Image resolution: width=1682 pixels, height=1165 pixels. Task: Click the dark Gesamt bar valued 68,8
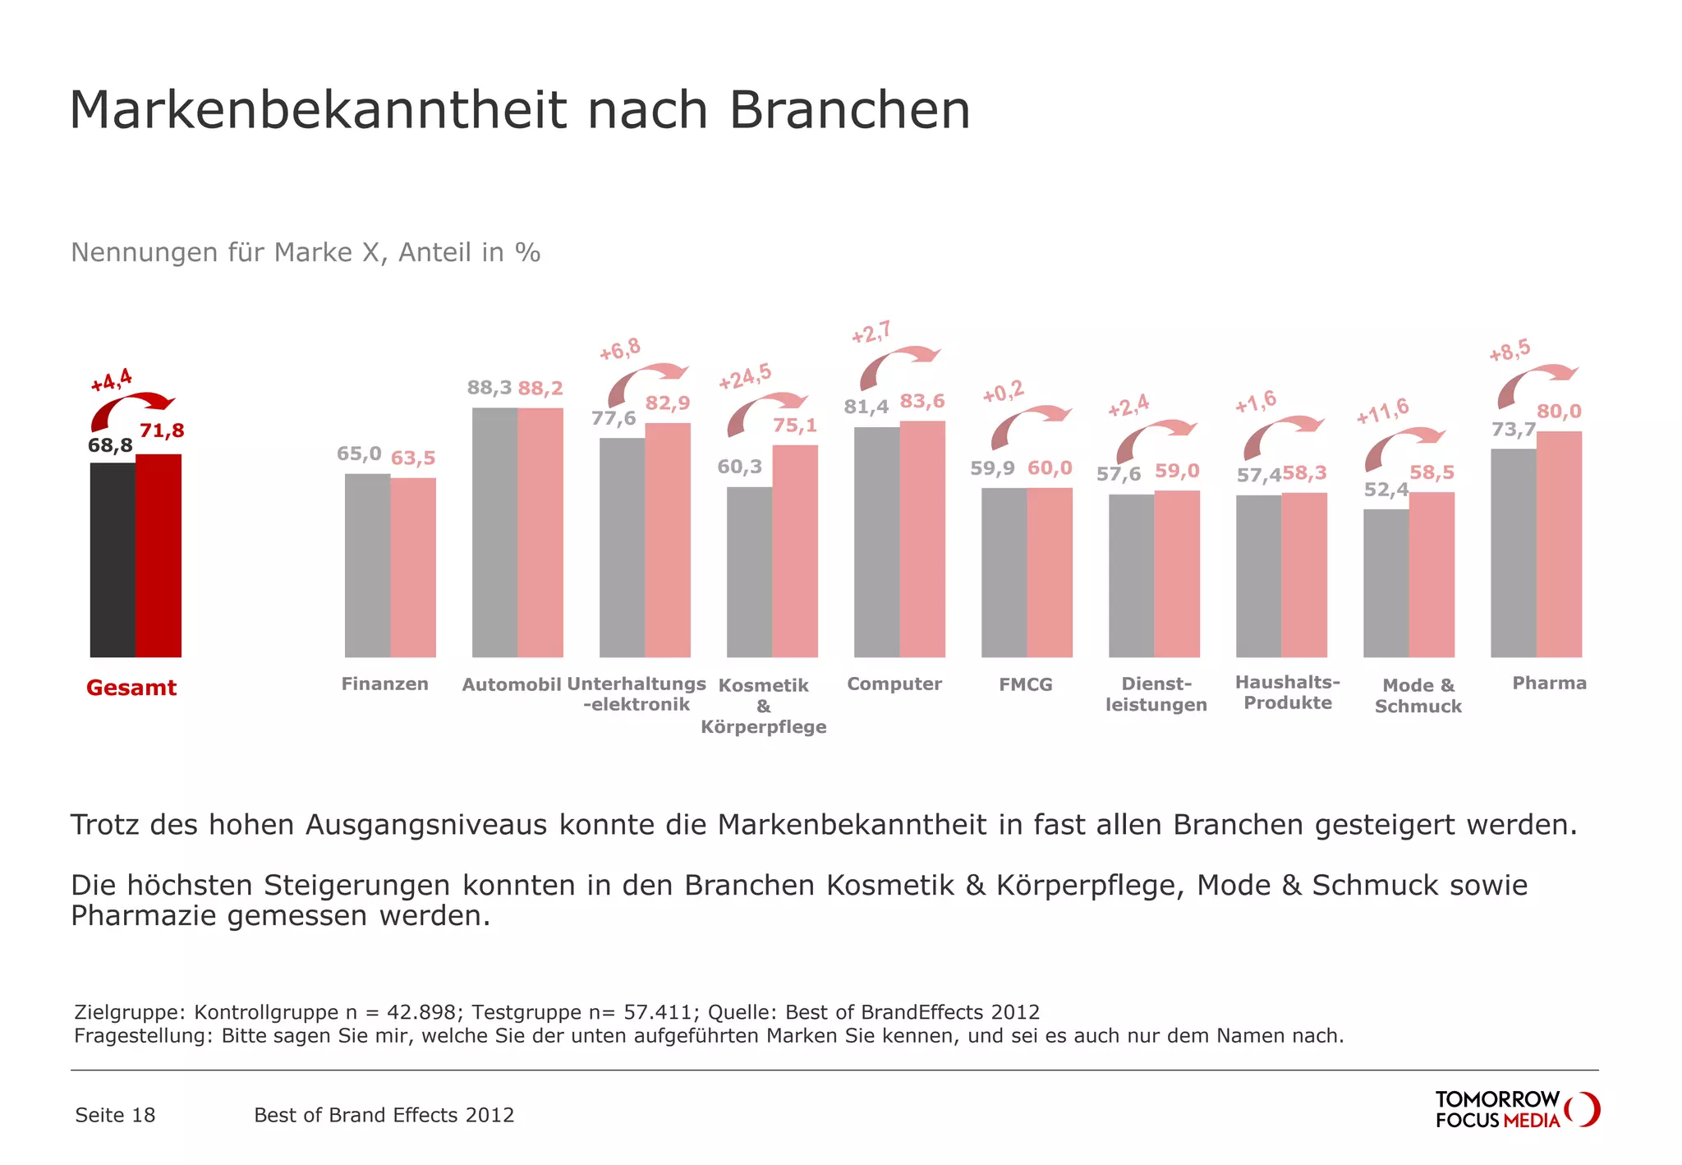point(113,559)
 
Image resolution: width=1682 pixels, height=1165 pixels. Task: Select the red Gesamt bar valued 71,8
point(159,555)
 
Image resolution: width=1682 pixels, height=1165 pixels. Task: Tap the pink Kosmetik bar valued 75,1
point(795,550)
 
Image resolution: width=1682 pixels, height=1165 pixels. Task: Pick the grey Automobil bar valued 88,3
point(494,532)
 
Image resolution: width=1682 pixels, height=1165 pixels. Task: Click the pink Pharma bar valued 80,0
point(1559,544)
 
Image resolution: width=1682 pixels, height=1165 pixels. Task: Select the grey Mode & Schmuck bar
point(1386,582)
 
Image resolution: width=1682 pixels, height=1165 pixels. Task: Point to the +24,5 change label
point(745,376)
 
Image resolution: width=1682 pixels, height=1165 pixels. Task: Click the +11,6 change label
point(1383,411)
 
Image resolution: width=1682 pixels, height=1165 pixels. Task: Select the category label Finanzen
point(384,684)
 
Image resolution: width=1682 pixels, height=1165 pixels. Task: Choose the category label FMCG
point(1025,684)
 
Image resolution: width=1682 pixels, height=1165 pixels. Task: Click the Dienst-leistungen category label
point(1156,694)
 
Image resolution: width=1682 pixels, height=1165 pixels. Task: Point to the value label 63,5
point(413,458)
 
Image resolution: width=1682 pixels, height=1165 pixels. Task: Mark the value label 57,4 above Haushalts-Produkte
point(1258,475)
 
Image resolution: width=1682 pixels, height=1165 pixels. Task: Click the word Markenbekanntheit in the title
point(318,110)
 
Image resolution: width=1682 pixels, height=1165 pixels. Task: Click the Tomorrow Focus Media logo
point(1517,1109)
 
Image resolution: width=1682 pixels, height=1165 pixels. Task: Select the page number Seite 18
point(115,1115)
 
